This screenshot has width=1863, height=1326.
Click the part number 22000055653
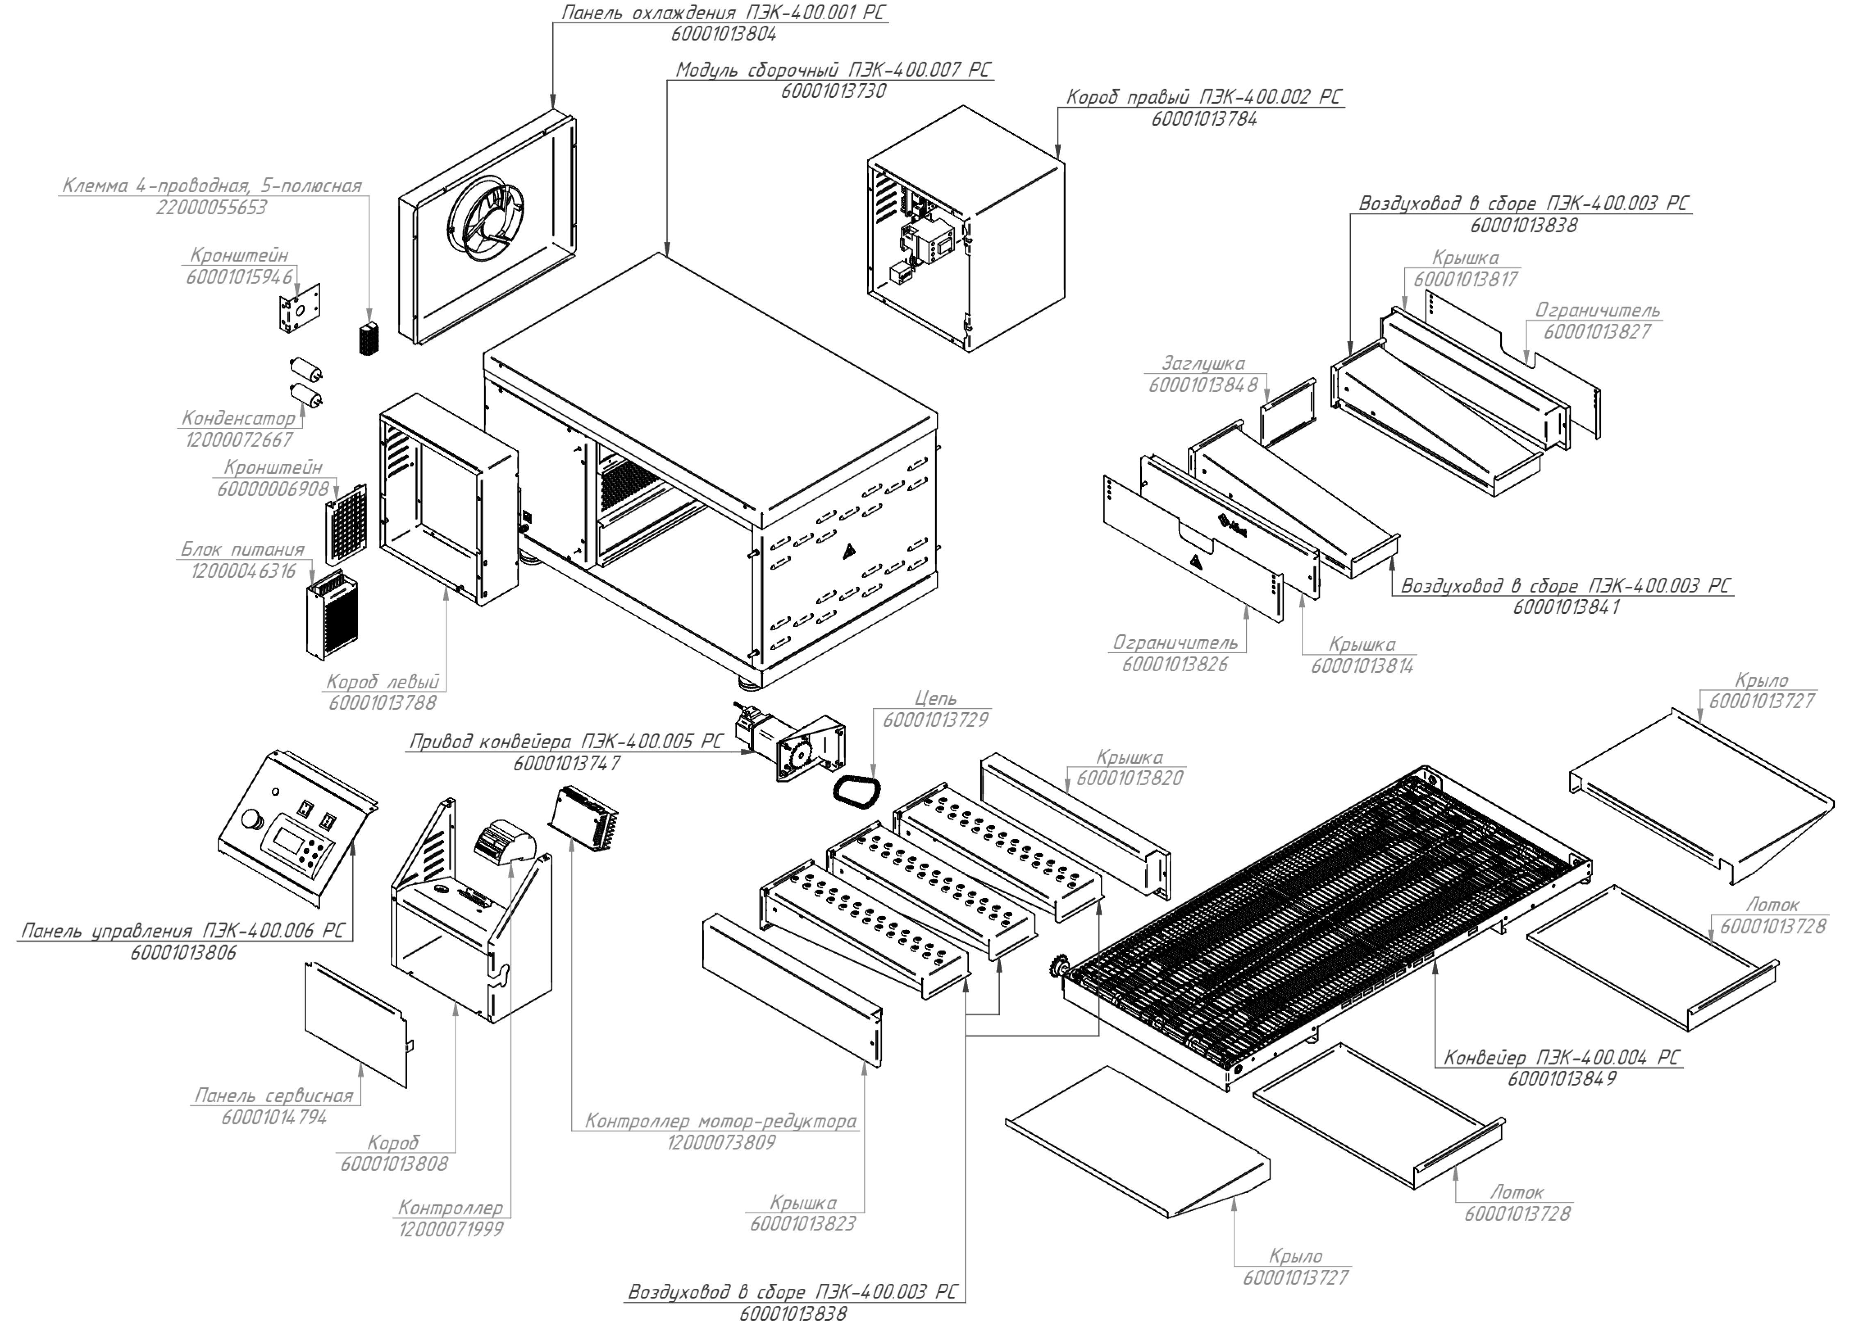(212, 207)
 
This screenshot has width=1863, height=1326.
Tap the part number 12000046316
(244, 571)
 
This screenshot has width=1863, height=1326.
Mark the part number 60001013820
(1130, 778)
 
